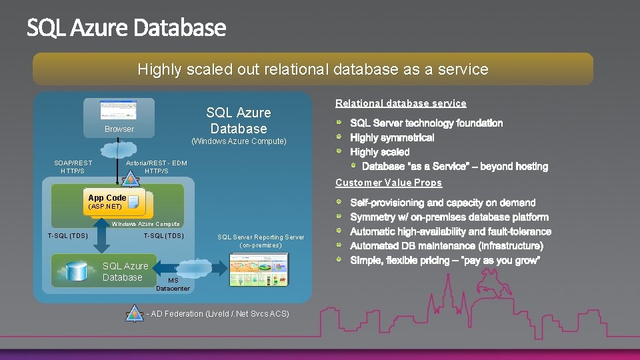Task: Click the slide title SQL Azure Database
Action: [127, 29]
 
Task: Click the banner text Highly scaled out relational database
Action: [313, 69]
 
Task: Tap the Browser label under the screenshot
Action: [119, 129]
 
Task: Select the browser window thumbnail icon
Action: [118, 110]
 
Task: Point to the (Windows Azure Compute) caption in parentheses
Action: [239, 141]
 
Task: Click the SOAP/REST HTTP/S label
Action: [73, 167]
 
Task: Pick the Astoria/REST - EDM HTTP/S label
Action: [157, 167]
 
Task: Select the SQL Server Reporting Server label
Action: [261, 241]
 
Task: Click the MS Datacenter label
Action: [173, 285]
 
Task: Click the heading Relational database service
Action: [401, 103]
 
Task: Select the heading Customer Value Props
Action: [389, 183]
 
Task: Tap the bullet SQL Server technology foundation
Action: [426, 123]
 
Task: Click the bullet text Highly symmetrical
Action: [392, 138]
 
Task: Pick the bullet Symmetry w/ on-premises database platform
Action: [449, 217]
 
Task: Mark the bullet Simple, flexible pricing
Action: [445, 261]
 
